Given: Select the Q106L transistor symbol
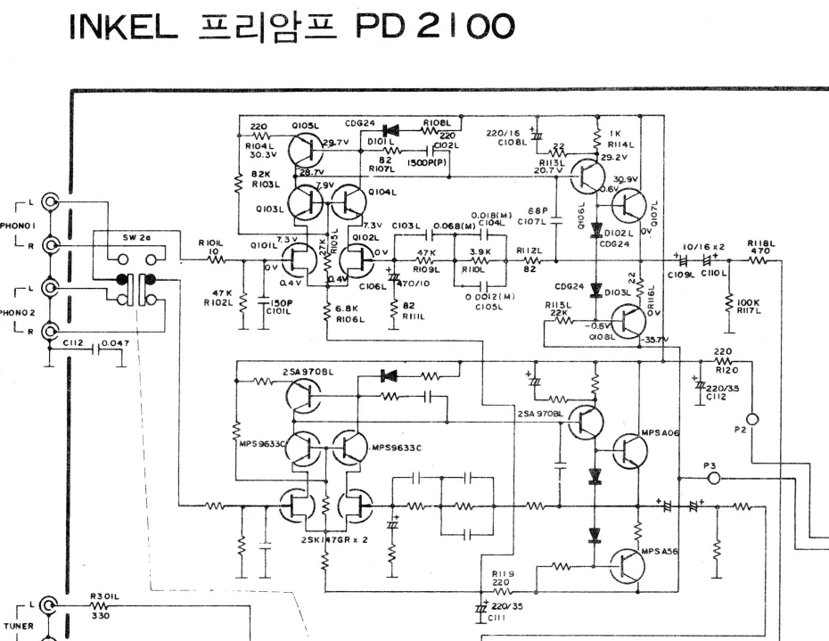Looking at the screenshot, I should point(587,179).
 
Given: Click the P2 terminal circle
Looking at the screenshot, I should point(752,419).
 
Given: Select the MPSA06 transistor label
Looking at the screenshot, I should point(661,432).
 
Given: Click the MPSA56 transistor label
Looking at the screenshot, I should point(661,551).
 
